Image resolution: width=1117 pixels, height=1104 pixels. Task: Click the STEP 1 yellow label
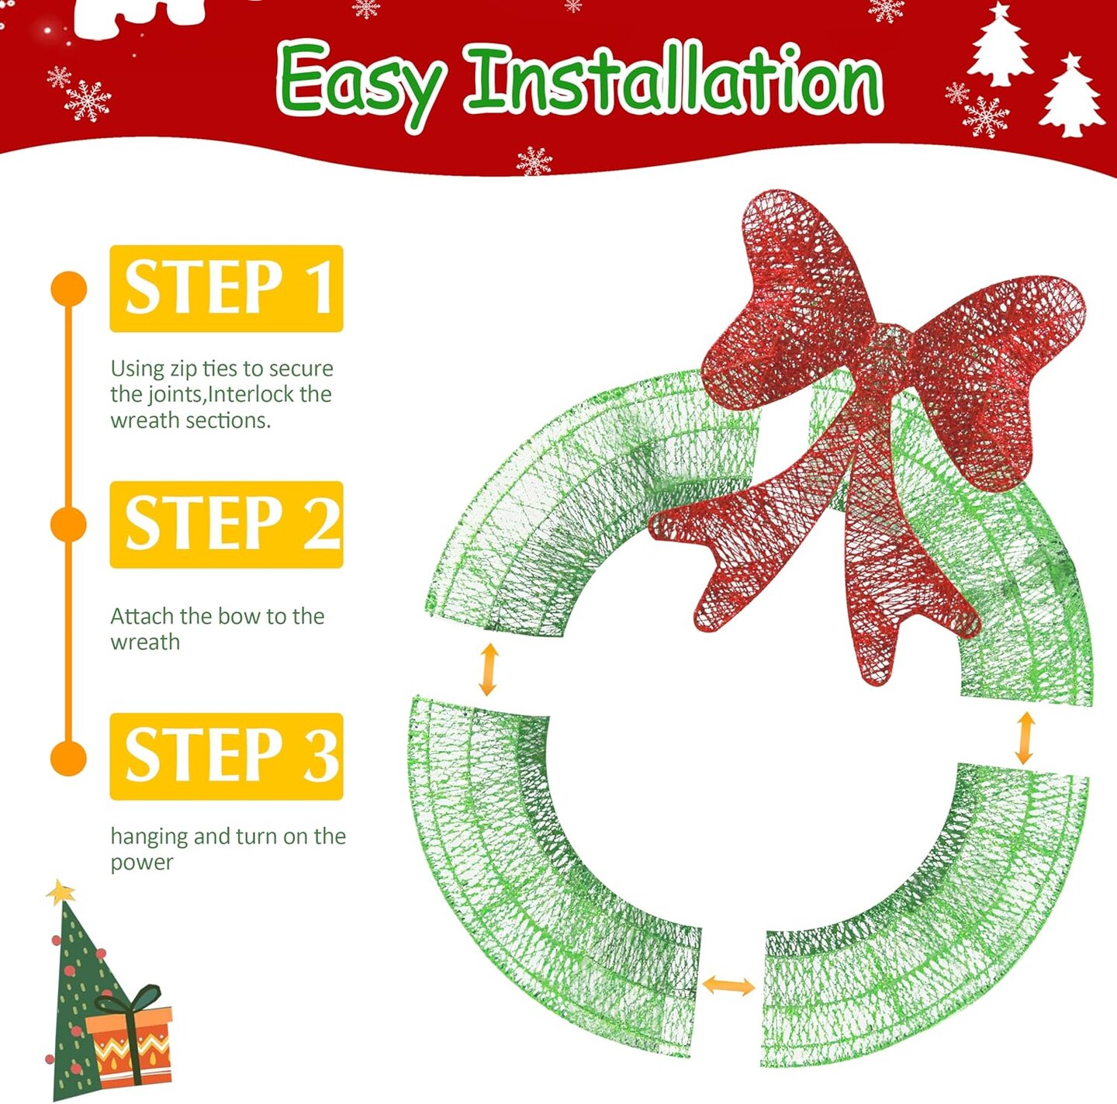[226, 288]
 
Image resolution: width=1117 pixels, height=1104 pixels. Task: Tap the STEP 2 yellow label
[226, 524]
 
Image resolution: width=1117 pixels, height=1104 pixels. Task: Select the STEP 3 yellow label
[226, 756]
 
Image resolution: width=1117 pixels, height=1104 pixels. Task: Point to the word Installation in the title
[676, 81]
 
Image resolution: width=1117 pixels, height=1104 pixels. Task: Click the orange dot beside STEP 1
[68, 288]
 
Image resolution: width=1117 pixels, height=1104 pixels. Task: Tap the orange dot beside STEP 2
[68, 524]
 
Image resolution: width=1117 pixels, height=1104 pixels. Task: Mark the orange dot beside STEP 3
[68, 758]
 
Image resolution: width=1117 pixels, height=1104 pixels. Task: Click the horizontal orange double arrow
[728, 985]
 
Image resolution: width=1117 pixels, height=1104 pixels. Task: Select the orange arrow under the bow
[1025, 738]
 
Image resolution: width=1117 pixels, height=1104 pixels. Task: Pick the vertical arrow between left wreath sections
[489, 669]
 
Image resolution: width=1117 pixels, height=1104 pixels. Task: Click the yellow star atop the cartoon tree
[61, 892]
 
